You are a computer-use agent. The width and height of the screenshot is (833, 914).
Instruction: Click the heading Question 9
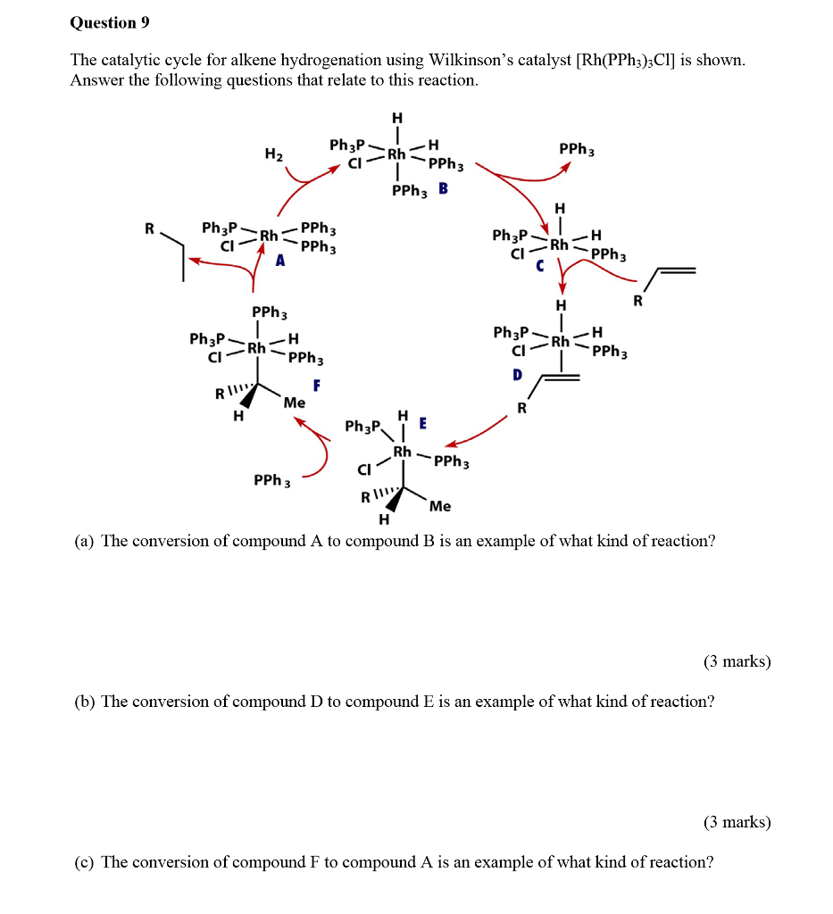coord(109,23)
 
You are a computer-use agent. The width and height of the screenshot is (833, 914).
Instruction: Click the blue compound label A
coord(280,261)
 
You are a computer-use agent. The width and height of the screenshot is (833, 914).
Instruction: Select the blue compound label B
coord(443,189)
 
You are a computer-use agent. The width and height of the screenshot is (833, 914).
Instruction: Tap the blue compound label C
coord(539,265)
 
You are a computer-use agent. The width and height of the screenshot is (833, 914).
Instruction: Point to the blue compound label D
coord(516,376)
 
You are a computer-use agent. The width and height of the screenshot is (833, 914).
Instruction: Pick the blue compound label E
coord(422,422)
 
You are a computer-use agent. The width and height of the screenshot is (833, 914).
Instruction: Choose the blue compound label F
coord(316,386)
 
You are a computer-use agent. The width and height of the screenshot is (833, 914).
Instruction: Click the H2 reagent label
coord(273,154)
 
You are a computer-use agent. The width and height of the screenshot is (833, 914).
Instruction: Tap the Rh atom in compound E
coord(403,452)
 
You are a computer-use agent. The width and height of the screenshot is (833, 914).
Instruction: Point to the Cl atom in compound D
coord(518,351)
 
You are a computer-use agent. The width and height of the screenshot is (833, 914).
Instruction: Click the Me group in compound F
coord(294,403)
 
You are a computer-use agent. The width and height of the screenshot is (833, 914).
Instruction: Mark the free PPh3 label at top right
coord(577,149)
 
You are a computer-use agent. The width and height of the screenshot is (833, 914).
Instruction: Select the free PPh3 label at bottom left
coord(272,481)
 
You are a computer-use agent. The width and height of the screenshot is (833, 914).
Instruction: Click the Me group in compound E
coord(440,506)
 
